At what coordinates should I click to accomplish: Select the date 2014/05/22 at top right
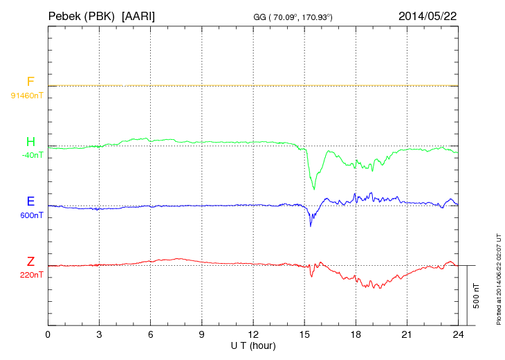(428, 15)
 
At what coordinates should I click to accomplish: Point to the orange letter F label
(30, 82)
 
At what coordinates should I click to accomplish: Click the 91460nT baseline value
(27, 95)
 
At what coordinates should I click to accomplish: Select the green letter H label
(30, 142)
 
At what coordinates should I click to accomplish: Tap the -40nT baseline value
(32, 155)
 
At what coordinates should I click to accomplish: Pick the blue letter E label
(30, 202)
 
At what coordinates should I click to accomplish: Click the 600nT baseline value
(31, 215)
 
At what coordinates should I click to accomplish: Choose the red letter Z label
(30, 262)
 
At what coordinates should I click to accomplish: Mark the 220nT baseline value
(31, 275)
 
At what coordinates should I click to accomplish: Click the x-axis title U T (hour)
(253, 345)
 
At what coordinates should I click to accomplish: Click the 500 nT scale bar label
(476, 296)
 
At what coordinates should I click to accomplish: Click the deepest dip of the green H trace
(314, 189)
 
